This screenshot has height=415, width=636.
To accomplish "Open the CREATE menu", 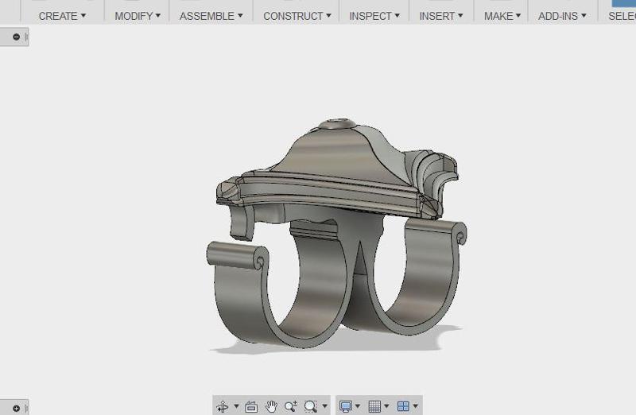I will (62, 16).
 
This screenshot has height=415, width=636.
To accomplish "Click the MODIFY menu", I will (137, 16).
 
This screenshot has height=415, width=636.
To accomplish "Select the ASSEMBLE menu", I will (211, 16).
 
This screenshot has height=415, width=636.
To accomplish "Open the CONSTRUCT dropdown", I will (297, 16).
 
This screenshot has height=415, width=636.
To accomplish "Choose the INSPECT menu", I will (374, 16).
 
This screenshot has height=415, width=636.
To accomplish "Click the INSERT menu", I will (441, 16).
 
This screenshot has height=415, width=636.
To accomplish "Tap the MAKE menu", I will (502, 16).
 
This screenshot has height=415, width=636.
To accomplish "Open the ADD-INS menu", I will (562, 16).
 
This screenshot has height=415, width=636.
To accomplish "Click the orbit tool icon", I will (223, 406).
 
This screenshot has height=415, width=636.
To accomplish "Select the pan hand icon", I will (271, 406).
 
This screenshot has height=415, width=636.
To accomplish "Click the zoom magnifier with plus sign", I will (291, 406).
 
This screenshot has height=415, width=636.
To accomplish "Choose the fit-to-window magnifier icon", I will (311, 406).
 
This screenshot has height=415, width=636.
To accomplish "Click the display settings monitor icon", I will (346, 406).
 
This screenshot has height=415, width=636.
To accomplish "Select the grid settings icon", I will (376, 406).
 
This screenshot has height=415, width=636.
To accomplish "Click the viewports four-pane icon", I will (404, 406).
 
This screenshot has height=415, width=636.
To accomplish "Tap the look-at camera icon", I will (251, 406).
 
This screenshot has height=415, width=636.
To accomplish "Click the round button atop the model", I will (338, 126).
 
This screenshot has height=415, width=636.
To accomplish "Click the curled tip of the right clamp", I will (460, 236).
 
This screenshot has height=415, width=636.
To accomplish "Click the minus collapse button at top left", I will (17, 37).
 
